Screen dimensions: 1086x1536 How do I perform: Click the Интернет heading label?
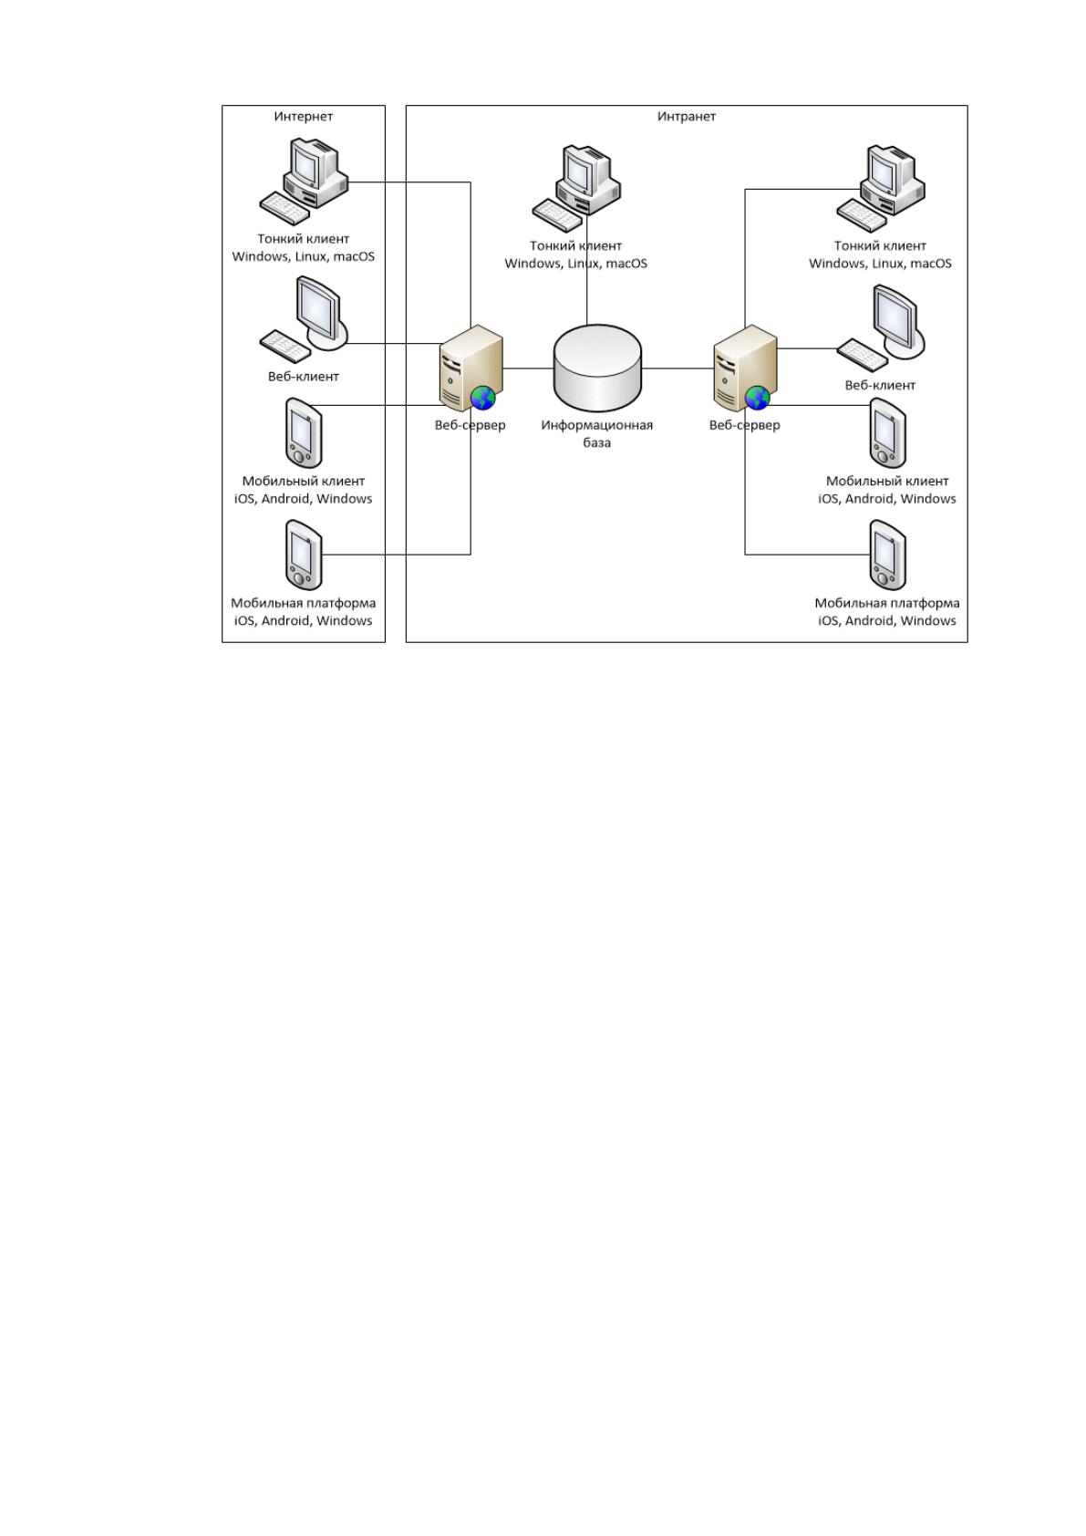tap(303, 117)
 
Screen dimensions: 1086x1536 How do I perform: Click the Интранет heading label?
tap(687, 117)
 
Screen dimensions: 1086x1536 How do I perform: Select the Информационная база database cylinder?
tap(597, 368)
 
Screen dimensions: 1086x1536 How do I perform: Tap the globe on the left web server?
tap(483, 398)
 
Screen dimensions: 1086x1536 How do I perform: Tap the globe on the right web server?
tap(758, 398)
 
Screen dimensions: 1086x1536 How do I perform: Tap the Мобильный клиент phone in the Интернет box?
tap(304, 432)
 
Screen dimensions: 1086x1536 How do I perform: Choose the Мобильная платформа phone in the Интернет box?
tap(304, 555)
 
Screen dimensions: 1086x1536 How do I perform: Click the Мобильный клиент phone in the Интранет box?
tap(888, 432)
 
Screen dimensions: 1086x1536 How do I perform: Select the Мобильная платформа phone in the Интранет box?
tap(888, 555)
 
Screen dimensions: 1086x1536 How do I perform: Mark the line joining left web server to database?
tap(529, 368)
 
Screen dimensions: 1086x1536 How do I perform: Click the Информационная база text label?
tap(597, 433)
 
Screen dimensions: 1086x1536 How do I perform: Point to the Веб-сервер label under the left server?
tap(470, 425)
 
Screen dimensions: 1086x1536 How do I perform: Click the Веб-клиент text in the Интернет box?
tap(303, 377)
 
